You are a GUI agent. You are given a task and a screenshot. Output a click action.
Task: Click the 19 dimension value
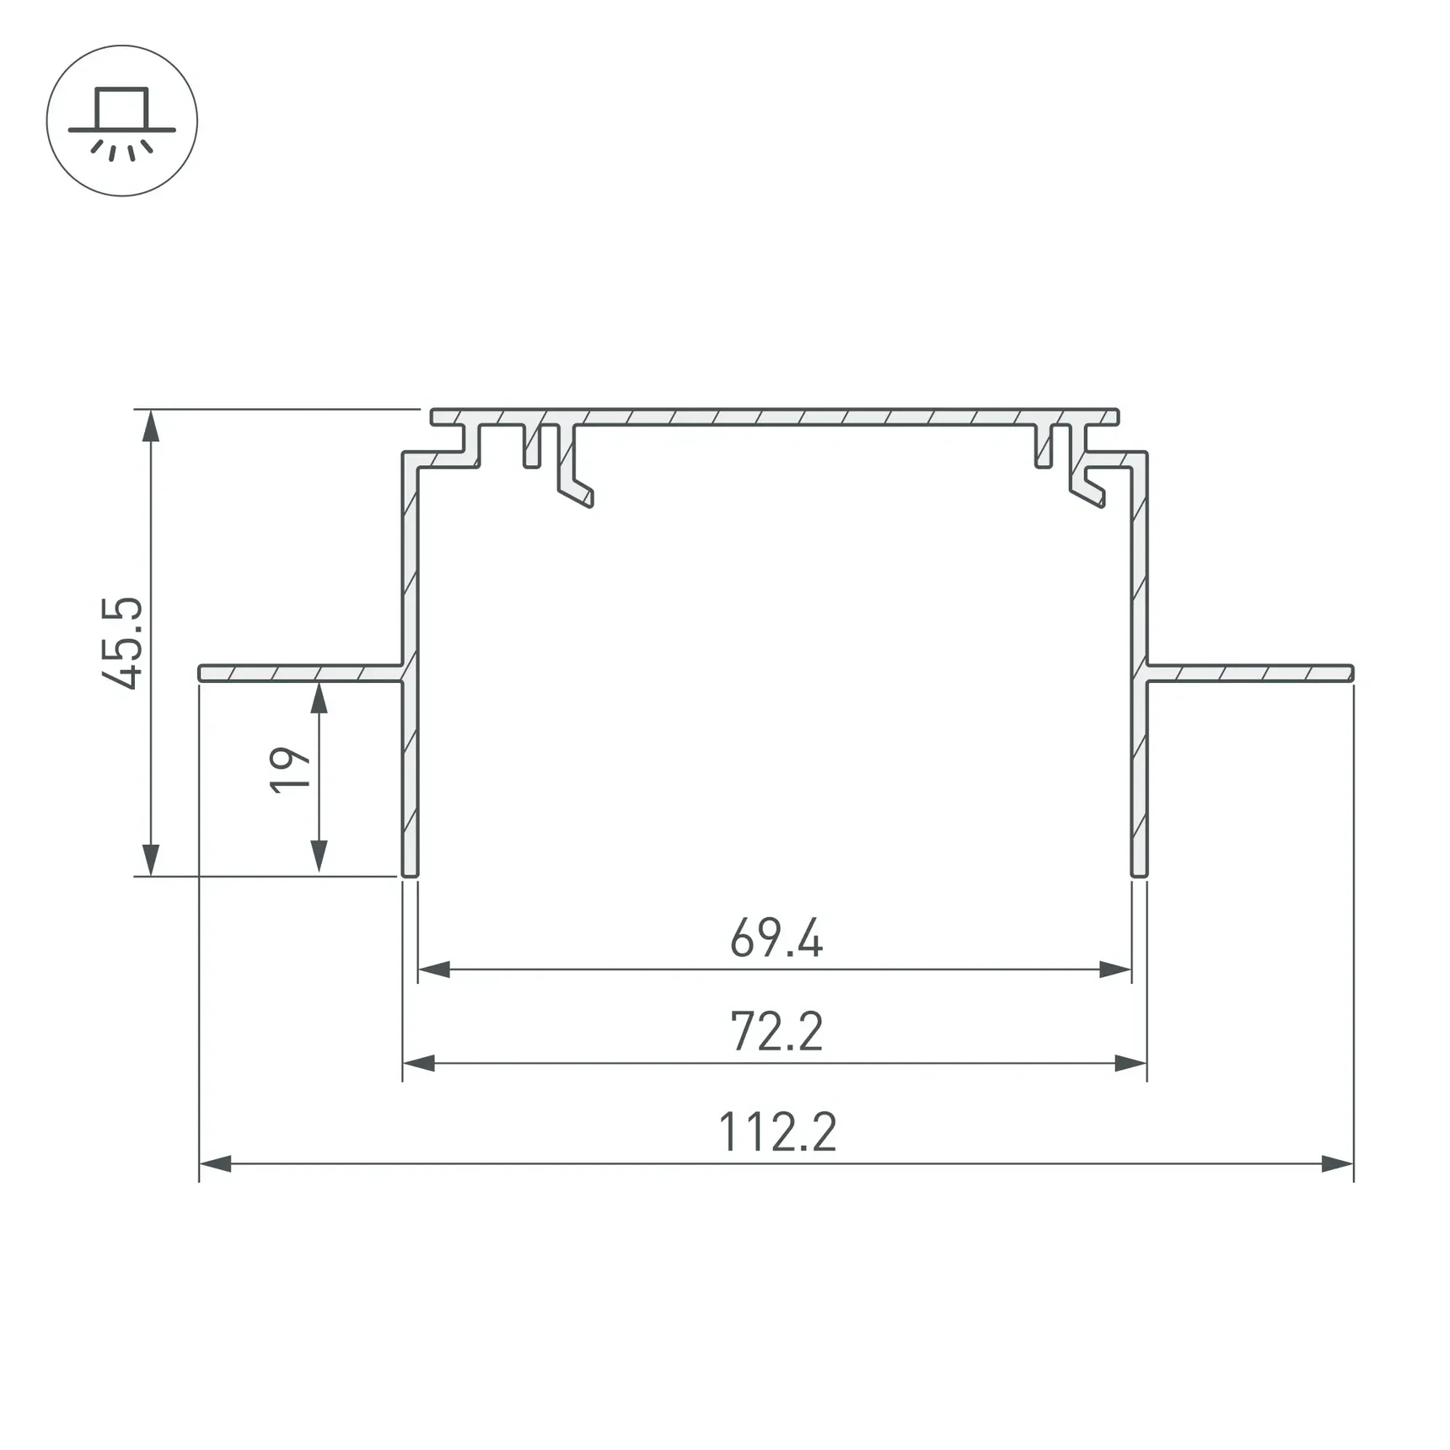(289, 769)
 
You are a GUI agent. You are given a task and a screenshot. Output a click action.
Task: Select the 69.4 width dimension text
(776, 938)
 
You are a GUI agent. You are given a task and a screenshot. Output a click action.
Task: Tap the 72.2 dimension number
(776, 1032)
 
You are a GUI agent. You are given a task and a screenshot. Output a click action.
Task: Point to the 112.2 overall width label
(777, 1132)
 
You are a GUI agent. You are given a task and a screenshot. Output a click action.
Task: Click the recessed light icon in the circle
(122, 121)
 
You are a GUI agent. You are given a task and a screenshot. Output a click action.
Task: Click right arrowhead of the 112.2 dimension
(1337, 1164)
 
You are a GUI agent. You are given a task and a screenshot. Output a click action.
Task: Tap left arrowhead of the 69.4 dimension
(434, 969)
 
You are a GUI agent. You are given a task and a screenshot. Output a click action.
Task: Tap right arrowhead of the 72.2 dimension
(1130, 1064)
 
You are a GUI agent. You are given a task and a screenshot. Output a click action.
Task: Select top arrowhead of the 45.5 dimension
(151, 427)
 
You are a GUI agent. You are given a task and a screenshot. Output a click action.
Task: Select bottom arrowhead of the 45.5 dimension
(151, 860)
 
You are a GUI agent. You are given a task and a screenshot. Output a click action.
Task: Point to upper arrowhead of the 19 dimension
(319, 699)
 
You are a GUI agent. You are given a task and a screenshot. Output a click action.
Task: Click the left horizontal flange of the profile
(299, 673)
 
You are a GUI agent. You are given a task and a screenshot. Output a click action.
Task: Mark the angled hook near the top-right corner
(1089, 491)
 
